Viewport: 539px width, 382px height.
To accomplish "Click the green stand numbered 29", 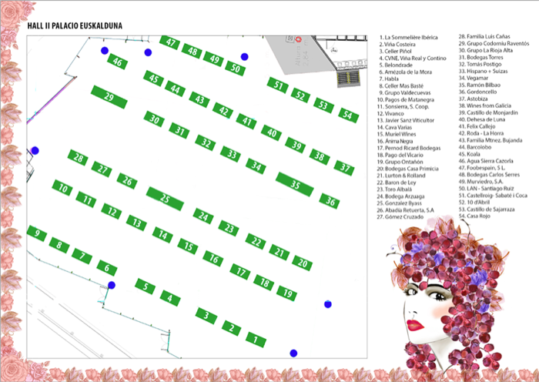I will pyautogui.click(x=109, y=98).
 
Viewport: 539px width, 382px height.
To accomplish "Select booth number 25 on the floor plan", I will pyautogui.click(x=164, y=197).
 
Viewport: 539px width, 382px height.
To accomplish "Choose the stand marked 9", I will pyautogui.click(x=36, y=233).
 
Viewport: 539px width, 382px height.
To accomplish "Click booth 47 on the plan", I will pyautogui.click(x=171, y=43).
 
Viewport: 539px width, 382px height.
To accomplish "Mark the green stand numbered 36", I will pyautogui.click(x=330, y=202).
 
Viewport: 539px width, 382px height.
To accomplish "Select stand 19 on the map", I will pyautogui.click(x=286, y=293).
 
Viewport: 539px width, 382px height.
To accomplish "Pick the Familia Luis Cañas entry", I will pyautogui.click(x=487, y=36).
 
